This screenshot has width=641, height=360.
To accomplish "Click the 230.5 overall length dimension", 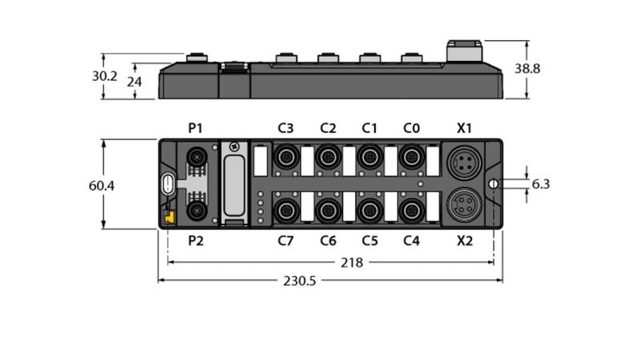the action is click(300, 281).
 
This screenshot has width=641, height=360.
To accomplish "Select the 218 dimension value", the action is click(352, 262).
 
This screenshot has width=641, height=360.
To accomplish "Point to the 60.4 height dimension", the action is click(102, 186).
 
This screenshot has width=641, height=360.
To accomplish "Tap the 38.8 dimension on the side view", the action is click(527, 68).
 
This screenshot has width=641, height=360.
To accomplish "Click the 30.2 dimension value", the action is click(104, 76).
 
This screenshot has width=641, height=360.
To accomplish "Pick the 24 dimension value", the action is click(134, 82).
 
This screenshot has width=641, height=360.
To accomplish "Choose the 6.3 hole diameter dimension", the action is click(540, 184).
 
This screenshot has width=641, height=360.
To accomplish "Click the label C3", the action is click(285, 128).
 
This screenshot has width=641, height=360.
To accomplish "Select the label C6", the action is click(328, 241).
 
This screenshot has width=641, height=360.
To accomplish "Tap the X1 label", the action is click(464, 128).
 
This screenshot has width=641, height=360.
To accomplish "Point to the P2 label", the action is click(196, 241).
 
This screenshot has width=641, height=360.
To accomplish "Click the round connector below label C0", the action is click(411, 156).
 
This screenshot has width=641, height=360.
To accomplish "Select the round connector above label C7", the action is click(286, 211).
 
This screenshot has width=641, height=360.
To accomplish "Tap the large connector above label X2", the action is click(465, 204).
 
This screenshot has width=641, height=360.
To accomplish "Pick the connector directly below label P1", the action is click(196, 156).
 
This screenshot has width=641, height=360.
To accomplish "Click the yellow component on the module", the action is click(169, 216).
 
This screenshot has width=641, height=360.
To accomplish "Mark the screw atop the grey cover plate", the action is click(234, 146).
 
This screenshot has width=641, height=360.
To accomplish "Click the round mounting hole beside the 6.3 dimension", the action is click(494, 184).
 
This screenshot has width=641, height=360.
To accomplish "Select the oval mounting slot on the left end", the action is click(167, 184).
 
